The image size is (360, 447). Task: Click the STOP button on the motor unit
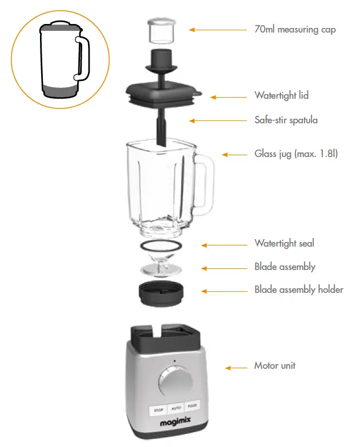[159, 410]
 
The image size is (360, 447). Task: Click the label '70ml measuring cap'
[295, 29]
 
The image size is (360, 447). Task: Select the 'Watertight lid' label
[281, 95]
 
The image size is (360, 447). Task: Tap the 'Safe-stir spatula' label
[286, 120]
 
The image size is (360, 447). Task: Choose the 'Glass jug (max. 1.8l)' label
[296, 154]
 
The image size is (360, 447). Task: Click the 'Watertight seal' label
[284, 244]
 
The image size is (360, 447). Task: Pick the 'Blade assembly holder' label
[299, 289]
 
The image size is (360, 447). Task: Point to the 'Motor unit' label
[275, 365]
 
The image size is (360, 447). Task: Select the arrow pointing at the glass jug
[233, 154]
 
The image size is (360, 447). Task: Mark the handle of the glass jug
[206, 183]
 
